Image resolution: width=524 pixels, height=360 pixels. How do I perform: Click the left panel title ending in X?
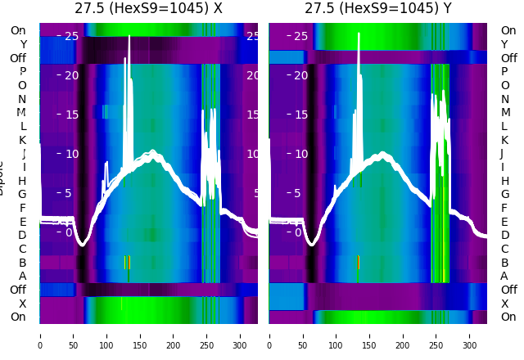pyautogui.click(x=148, y=9)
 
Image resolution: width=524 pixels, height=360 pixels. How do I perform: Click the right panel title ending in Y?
pyautogui.click(x=378, y=9)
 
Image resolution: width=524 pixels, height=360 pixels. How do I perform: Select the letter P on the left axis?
pyautogui.click(x=22, y=72)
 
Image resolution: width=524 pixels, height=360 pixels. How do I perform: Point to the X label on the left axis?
pyautogui.click(x=23, y=304)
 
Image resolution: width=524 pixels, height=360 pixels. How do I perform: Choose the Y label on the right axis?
pyautogui.click(x=504, y=44)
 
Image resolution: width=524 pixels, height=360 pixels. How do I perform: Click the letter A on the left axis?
pyautogui.click(x=22, y=276)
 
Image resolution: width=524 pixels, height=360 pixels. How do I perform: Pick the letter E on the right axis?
pyautogui.click(x=504, y=222)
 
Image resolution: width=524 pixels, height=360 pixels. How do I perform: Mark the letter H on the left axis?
pyautogui.click(x=22, y=181)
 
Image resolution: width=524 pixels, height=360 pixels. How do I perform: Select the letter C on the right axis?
pyautogui.click(x=504, y=249)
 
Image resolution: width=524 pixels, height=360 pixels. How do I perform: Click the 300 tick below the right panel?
pyautogui.click(x=470, y=335)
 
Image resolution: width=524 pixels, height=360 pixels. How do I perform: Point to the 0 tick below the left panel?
pyautogui.click(x=40, y=335)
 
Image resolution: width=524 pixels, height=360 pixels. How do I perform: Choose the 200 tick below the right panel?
pyautogui.click(x=403, y=335)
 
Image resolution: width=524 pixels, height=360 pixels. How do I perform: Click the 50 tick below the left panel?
pyautogui.click(x=73, y=335)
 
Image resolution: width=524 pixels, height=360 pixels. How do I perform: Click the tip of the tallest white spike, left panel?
pyautogui.click(x=125, y=58)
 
